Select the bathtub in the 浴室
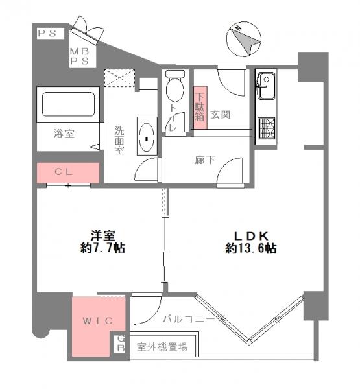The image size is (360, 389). pos(68,104)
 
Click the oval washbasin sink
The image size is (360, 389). pos(147,137)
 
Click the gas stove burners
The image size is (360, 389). pos(266,126)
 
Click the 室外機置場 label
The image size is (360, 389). pos(162,347)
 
